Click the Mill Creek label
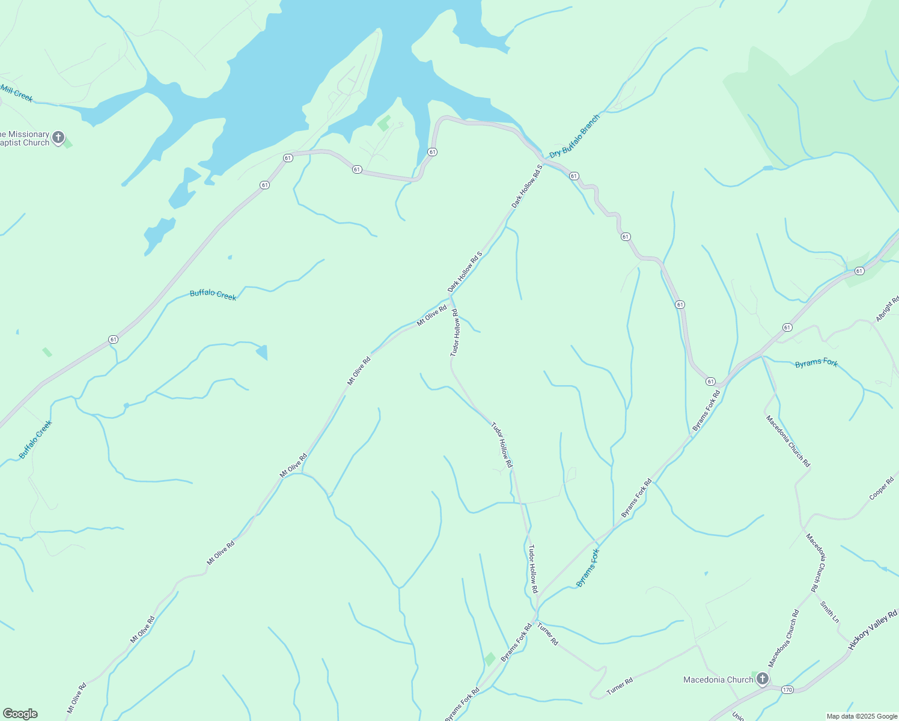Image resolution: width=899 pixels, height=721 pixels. point(17,93)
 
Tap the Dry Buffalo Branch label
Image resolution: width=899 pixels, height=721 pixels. point(574,136)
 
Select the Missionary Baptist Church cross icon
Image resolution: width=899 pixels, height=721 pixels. point(58,138)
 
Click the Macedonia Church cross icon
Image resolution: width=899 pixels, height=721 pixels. point(762,679)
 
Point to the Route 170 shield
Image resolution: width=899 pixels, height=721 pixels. point(787,689)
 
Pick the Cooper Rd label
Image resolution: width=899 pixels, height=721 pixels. point(882,488)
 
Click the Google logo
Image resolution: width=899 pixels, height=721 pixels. point(20,714)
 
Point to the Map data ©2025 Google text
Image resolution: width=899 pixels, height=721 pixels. point(861,716)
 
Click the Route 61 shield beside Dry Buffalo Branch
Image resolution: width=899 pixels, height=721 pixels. point(574,176)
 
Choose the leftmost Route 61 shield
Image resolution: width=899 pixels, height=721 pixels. point(113,339)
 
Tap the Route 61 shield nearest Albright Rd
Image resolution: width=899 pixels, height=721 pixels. point(859,271)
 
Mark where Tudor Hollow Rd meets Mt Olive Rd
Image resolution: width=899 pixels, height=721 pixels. point(452,299)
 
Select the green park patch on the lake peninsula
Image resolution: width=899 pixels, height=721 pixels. point(383,123)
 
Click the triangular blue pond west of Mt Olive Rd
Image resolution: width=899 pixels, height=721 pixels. point(262,352)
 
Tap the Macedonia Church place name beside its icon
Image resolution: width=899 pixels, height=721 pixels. point(718,680)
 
